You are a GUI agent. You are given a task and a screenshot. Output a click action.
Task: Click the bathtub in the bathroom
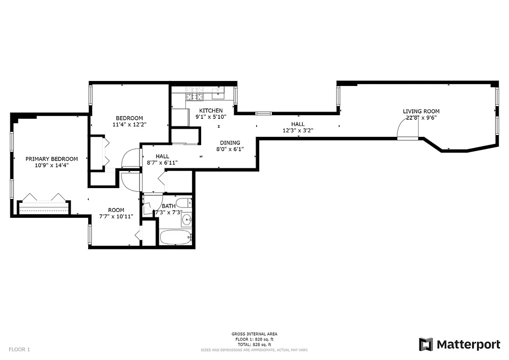pyautogui.click(x=176, y=237)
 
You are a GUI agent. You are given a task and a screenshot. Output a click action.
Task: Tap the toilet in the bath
pyautogui.click(x=184, y=202)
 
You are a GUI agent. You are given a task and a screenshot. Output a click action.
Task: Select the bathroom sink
pyautogui.click(x=187, y=220)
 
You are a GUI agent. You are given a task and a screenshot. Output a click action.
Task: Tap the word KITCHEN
pyautogui.click(x=211, y=111)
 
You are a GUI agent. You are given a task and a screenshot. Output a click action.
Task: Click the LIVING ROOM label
pyautogui.click(x=421, y=111)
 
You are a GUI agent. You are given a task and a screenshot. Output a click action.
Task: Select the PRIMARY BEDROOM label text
pyautogui.click(x=51, y=159)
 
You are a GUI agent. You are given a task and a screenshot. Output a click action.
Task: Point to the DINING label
pyautogui.click(x=230, y=143)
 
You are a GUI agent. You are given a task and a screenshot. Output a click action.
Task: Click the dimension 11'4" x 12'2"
pyautogui.click(x=129, y=125)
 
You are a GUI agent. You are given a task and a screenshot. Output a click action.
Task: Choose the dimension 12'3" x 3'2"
pyautogui.click(x=297, y=130)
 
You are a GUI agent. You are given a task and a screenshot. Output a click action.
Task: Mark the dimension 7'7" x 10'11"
pyautogui.click(x=116, y=216)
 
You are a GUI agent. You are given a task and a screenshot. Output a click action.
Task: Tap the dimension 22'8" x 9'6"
pyautogui.click(x=421, y=117)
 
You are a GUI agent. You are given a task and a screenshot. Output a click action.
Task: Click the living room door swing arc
pyautogui.click(x=407, y=128)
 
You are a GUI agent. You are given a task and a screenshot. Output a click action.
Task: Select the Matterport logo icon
pyautogui.click(x=426, y=344)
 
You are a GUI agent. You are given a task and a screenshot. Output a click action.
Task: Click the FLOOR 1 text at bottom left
pyautogui.click(x=19, y=349)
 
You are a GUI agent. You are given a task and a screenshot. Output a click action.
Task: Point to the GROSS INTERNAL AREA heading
pyautogui.click(x=254, y=334)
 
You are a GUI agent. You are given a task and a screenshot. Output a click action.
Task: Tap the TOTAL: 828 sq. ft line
pyautogui.click(x=254, y=345)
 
